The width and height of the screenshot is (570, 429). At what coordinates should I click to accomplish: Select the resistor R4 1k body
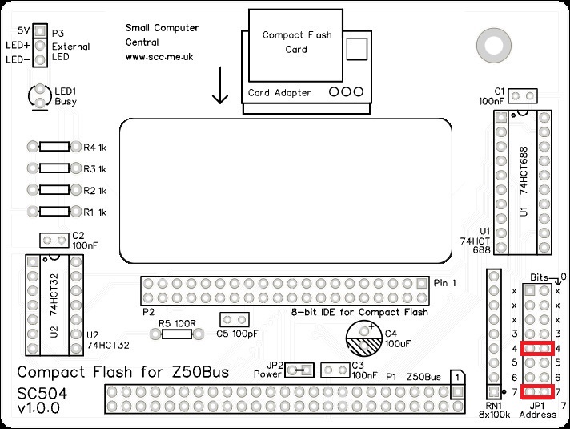pyautogui.click(x=54, y=148)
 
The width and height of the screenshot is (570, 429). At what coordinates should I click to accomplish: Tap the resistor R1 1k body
pyautogui.click(x=54, y=212)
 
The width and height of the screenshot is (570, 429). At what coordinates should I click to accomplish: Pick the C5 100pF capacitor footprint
pyautogui.click(x=231, y=321)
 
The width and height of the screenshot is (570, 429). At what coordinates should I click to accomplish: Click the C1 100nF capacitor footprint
pyautogui.click(x=524, y=96)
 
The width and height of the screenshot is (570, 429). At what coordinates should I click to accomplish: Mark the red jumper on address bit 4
pyautogui.click(x=537, y=349)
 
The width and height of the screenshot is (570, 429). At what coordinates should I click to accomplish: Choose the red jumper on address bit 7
pyautogui.click(x=537, y=391)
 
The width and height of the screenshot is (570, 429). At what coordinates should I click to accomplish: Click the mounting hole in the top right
pyautogui.click(x=488, y=41)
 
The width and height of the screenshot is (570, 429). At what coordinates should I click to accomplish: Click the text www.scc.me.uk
pyautogui.click(x=159, y=58)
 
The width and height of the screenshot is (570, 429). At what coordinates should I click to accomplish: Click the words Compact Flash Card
pyautogui.click(x=295, y=42)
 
